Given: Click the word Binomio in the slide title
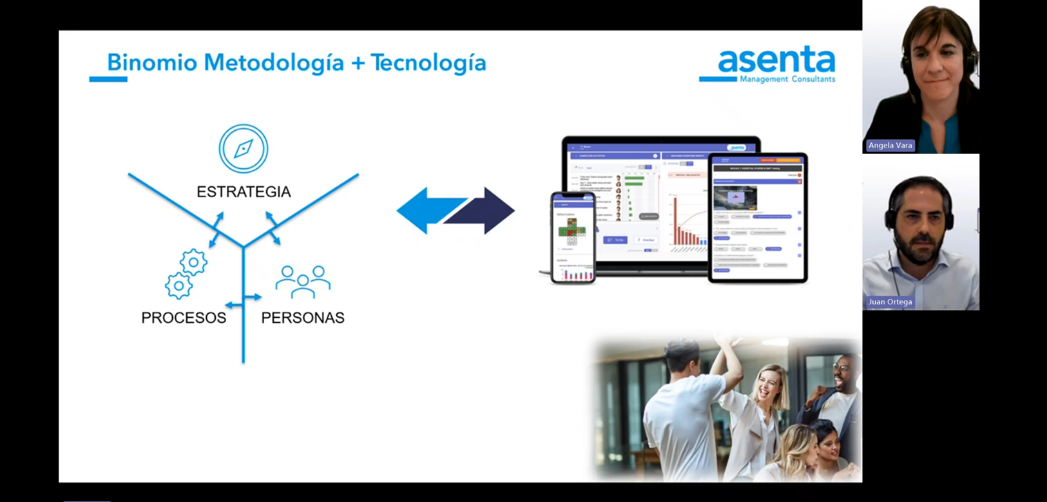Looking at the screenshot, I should pos(151,63).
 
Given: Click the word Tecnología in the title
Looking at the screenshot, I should pos(428,63).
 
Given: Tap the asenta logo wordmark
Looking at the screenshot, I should pos(776,61).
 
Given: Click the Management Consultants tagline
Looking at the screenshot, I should pos(787,79).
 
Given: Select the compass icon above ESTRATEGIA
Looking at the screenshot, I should pos(243,149).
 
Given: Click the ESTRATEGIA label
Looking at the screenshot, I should pos(244,192).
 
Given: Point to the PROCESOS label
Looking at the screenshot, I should pos(184,318).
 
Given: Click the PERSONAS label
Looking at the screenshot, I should pos(303,318).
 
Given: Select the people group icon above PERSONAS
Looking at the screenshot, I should pos(303,282).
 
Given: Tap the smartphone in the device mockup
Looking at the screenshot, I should pos(573,237).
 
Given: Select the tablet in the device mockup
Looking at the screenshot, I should pos(758,218).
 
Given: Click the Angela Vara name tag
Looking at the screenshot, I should pos(890,146).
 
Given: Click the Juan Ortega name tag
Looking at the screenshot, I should pos(890,302).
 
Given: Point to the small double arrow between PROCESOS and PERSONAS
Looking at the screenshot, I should pos(244,298).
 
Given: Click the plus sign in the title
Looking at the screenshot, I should pos(358,63).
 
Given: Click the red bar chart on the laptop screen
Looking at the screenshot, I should pos(686,226).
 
